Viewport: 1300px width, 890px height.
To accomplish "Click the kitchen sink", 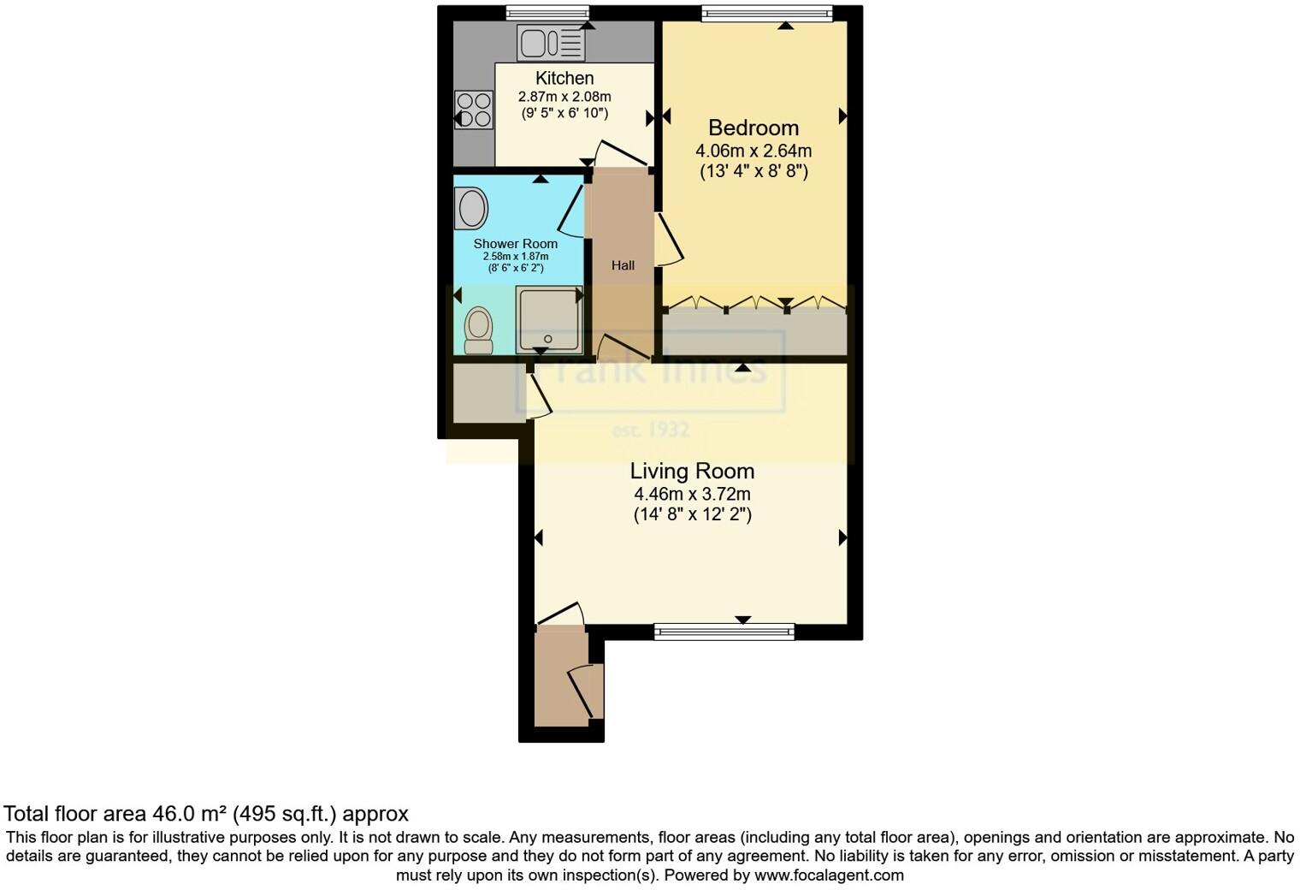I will [551, 43].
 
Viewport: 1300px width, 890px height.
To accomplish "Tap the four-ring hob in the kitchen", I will [474, 110].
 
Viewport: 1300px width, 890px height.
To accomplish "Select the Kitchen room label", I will [564, 78].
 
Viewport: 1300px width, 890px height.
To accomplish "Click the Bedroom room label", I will [753, 128].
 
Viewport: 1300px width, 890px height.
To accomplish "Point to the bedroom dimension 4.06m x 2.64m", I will [753, 151].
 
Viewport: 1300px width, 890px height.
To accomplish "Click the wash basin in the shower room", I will [470, 209].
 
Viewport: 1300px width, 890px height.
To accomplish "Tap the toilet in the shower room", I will [478, 330].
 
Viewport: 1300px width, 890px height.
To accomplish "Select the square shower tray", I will [548, 319].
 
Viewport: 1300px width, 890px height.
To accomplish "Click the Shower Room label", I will [516, 244].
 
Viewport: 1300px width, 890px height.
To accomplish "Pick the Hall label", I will [623, 265].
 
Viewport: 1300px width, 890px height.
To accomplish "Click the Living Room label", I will [692, 471].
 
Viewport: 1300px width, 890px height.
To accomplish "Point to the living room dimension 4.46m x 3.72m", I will [692, 494].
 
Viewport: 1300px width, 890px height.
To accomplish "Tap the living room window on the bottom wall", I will [724, 632].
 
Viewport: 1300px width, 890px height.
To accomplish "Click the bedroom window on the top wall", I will [766, 13].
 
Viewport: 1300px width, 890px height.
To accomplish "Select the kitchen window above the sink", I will [547, 13].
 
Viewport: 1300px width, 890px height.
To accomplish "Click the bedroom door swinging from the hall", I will [670, 240].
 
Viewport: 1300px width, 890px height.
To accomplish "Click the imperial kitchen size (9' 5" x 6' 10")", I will [564, 113].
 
